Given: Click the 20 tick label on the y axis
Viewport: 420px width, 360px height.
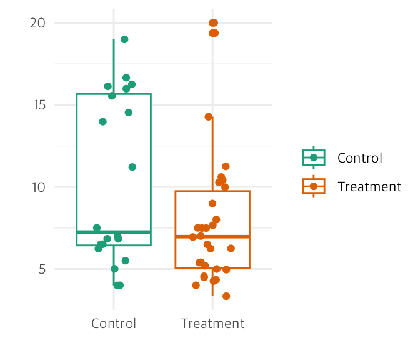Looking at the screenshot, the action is (x=37, y=23).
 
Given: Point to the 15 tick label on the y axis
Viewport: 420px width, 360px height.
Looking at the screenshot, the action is (x=39, y=105).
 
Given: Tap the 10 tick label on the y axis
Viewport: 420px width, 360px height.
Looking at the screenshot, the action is (x=39, y=187).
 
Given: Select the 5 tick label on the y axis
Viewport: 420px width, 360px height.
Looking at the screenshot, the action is (x=42, y=269).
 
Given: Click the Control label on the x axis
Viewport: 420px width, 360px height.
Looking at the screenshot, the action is (x=114, y=324).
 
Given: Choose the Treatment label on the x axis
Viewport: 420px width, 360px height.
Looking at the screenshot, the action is (x=212, y=324).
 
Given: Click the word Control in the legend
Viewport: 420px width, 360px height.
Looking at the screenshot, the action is (x=360, y=158).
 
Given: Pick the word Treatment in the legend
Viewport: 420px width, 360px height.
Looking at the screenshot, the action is (x=369, y=187).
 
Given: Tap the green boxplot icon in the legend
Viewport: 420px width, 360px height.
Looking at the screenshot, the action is (x=314, y=157).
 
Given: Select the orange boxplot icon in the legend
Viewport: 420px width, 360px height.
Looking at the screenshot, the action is (x=314, y=186).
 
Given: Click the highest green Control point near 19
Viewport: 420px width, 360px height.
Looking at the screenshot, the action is (x=124, y=39).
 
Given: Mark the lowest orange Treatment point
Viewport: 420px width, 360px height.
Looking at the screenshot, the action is (x=226, y=296).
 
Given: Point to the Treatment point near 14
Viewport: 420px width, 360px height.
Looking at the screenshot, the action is (x=209, y=117).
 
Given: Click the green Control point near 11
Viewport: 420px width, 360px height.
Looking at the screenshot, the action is (x=132, y=167).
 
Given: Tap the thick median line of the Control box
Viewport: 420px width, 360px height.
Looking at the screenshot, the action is (x=114, y=232).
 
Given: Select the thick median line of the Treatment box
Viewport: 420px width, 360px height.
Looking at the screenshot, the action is (x=212, y=236).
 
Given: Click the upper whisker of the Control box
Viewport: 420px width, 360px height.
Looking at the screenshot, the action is (x=114, y=67).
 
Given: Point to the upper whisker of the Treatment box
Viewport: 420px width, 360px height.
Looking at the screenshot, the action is (x=212, y=154).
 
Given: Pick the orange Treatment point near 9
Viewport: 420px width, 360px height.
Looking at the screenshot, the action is (x=212, y=204).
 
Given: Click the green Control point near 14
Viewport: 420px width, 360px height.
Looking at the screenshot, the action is (x=103, y=122).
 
